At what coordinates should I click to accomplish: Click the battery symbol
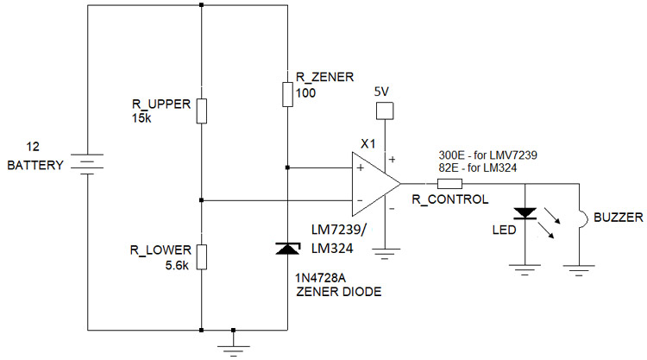(86, 164)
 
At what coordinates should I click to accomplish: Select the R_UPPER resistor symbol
(201, 111)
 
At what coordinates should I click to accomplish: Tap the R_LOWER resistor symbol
(201, 256)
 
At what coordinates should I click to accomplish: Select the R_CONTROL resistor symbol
(449, 184)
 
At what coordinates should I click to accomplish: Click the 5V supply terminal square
(383, 111)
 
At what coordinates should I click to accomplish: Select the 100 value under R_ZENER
(305, 92)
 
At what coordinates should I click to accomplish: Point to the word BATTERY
(35, 165)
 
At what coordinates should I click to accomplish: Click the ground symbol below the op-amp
(383, 254)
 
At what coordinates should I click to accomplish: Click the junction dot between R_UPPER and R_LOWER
(201, 200)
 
